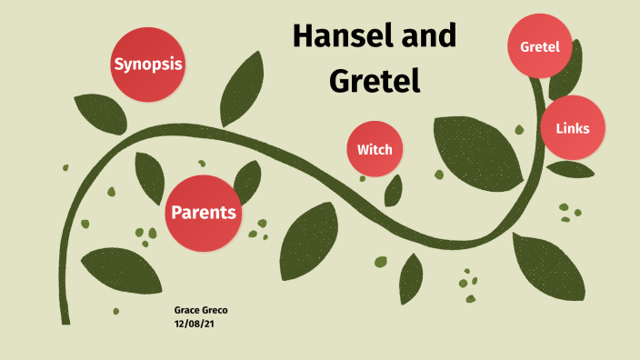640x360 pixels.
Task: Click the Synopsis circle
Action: [x=147, y=64]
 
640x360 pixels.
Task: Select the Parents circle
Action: [x=204, y=213]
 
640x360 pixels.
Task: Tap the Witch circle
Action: [x=375, y=148]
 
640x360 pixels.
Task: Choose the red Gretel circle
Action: [x=539, y=45]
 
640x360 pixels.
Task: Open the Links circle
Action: [x=573, y=127]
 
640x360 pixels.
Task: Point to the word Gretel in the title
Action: [x=375, y=82]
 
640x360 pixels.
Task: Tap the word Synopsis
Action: [x=147, y=65]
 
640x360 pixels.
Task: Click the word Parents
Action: [x=204, y=214]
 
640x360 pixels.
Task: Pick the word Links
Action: [x=573, y=128]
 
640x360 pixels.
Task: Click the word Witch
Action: [x=375, y=149]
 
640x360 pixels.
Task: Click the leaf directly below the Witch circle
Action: [x=393, y=190]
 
